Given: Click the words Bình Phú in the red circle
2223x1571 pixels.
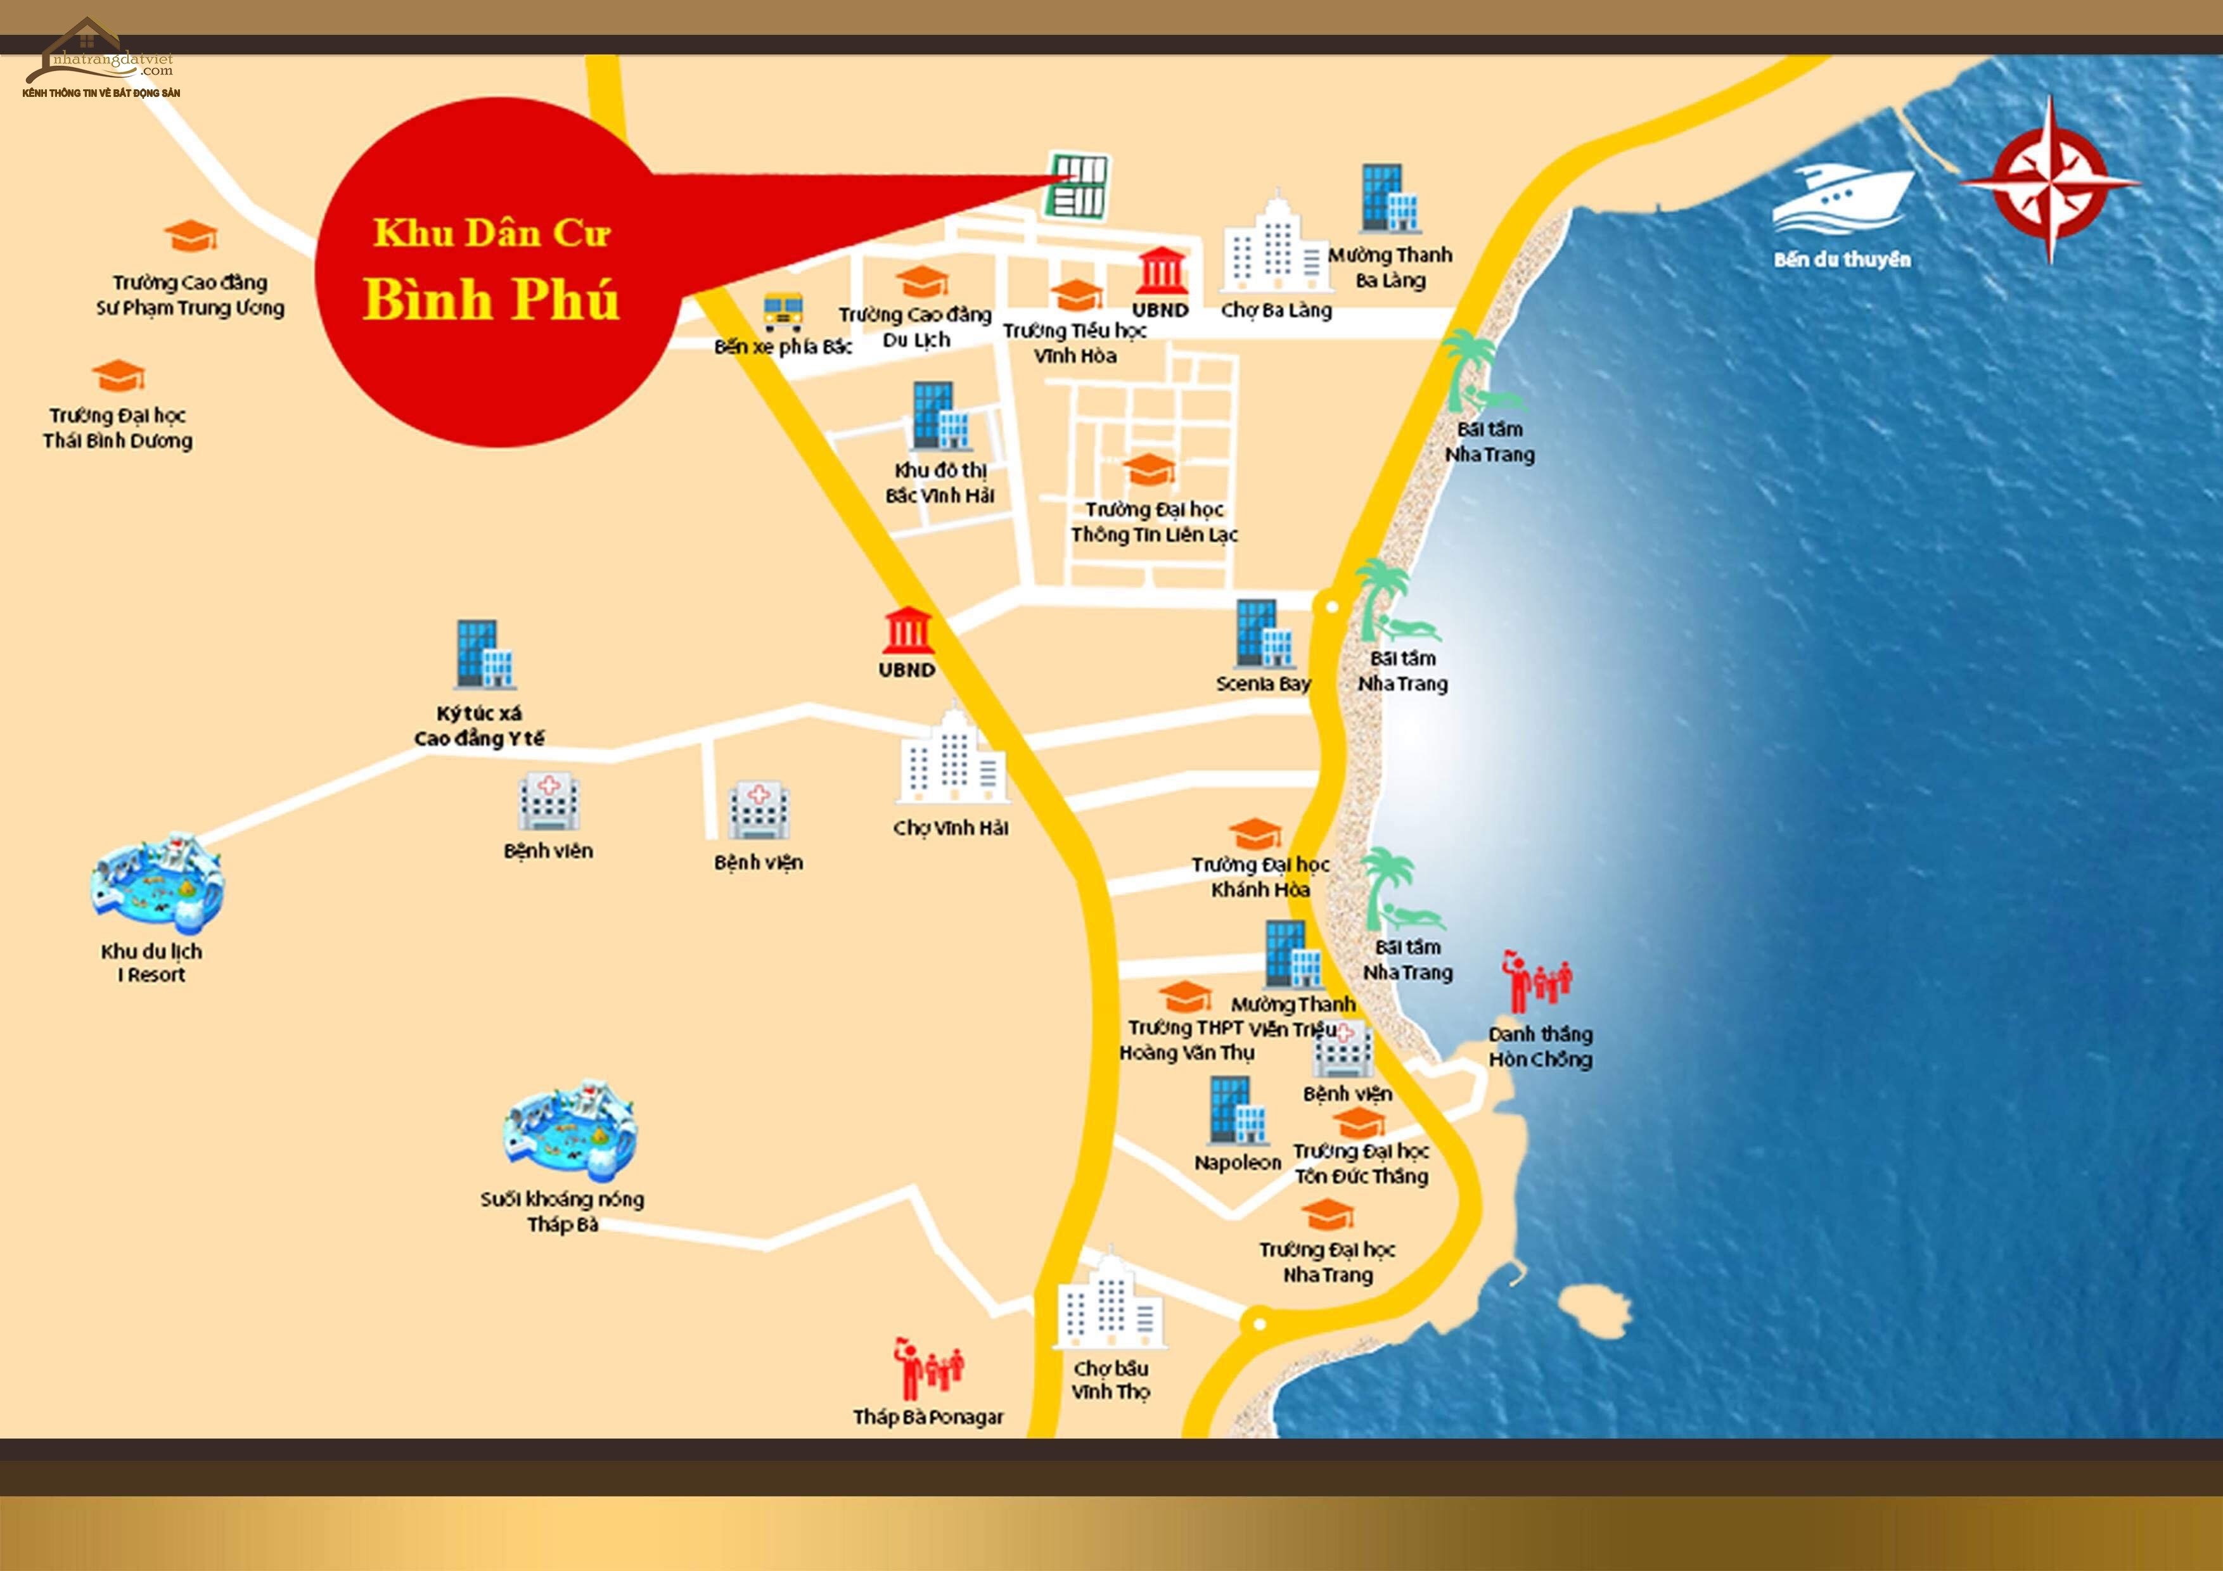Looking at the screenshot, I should click(x=491, y=299).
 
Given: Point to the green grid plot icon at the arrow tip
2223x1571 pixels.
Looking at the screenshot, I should click(x=1078, y=185).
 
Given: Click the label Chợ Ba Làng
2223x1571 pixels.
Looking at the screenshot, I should click(x=1276, y=310).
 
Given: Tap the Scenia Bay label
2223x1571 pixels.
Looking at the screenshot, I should click(x=1262, y=684).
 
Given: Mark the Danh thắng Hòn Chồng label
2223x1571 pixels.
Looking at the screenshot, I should click(x=1539, y=1046).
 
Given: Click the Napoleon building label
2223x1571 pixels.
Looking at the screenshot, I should click(x=1238, y=1162).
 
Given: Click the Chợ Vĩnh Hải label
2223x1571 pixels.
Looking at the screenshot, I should click(x=951, y=827).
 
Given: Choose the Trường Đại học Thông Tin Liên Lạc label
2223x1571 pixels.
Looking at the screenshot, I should click(x=1154, y=522).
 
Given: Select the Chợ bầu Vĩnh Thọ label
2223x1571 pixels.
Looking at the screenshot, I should click(x=1110, y=1379).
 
